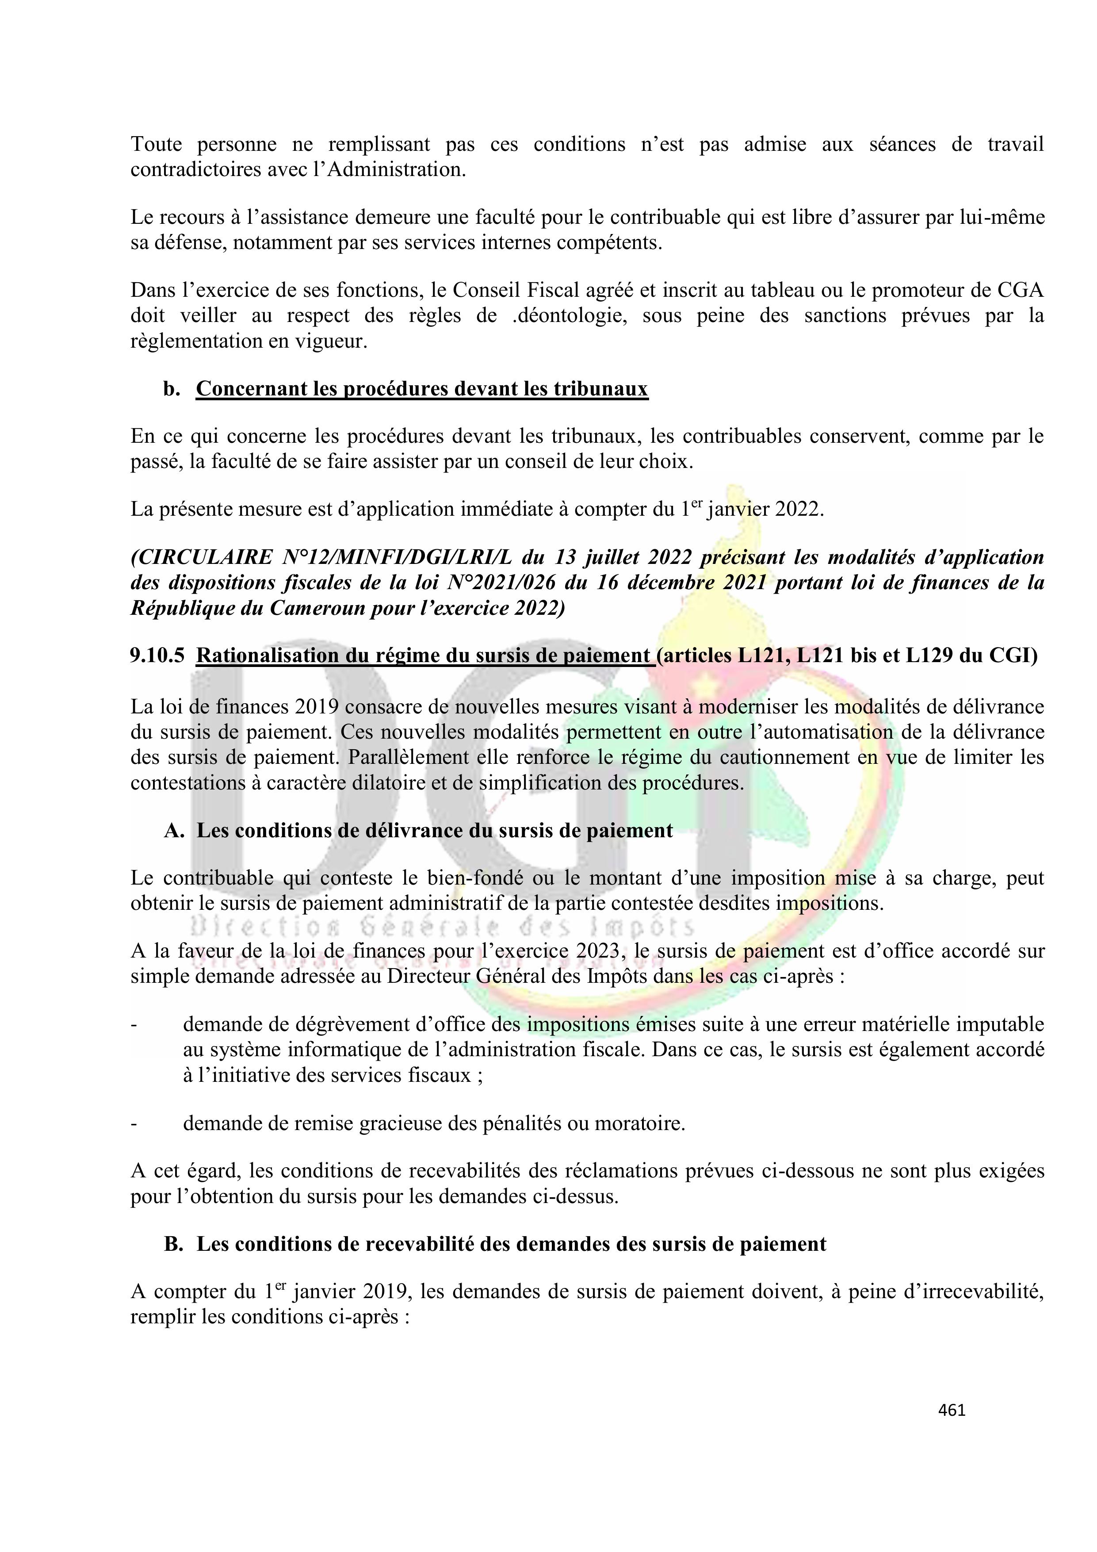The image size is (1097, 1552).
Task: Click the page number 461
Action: coord(952,1410)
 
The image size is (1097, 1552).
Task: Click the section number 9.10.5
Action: coord(157,655)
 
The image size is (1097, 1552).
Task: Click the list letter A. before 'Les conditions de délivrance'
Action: coord(174,831)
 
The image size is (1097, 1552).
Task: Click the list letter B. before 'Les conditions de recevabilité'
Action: coord(174,1245)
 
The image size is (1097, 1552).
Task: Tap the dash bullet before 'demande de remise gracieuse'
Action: coord(134,1123)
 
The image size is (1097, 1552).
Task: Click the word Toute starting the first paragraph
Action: coord(156,145)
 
